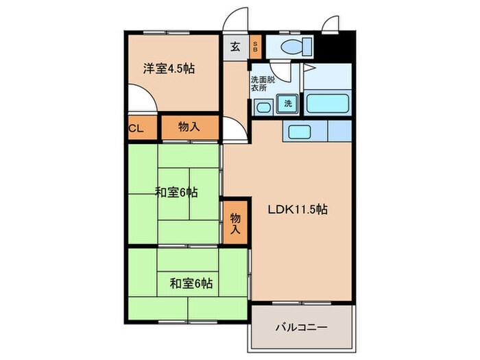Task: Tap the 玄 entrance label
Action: pos(235,47)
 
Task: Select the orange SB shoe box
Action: pos(255,47)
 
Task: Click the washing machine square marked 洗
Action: pos(287,104)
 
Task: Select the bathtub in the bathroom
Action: pos(327,104)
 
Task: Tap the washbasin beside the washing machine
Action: pos(263,106)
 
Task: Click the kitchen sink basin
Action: pos(299,132)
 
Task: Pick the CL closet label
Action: pos(134,128)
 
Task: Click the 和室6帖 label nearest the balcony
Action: pos(190,282)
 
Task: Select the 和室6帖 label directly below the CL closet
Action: pos(176,193)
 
